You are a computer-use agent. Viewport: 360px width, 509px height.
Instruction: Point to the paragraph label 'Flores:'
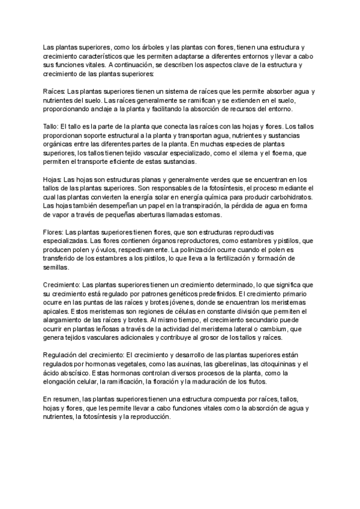(x=54, y=232)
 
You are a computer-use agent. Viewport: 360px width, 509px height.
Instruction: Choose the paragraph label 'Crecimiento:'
(x=62, y=285)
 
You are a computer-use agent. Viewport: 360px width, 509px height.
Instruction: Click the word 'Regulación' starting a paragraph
(x=62, y=356)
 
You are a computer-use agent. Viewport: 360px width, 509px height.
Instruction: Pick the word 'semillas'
(x=56, y=268)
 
